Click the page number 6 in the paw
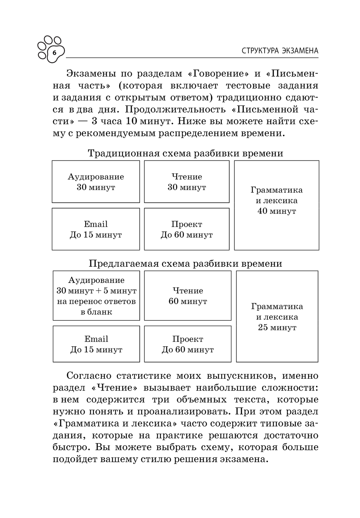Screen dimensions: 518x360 click(x=55, y=53)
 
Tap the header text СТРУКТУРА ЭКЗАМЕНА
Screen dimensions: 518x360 click(x=280, y=51)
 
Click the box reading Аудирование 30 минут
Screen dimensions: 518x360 click(x=96, y=182)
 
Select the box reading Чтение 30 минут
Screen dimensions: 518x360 click(x=186, y=182)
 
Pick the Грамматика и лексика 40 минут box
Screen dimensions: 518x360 click(x=276, y=205)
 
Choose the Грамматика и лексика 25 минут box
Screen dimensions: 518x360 click(x=277, y=316)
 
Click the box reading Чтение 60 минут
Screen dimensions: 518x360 click(x=188, y=296)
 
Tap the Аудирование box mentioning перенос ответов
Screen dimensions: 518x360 click(x=96, y=296)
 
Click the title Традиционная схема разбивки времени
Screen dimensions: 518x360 click(x=185, y=153)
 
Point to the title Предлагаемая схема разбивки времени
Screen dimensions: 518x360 click(x=185, y=263)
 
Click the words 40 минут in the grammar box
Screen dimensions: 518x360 click(x=276, y=211)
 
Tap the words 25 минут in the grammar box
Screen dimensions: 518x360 click(x=277, y=328)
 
